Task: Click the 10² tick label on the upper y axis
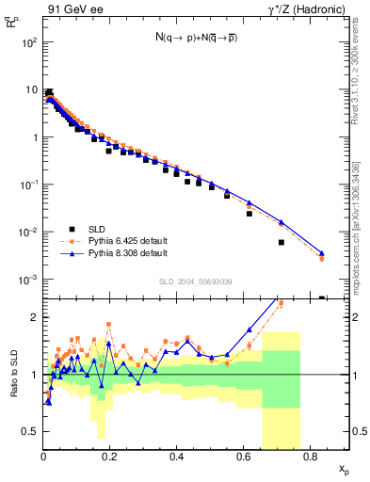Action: pyautogui.click(x=29, y=43)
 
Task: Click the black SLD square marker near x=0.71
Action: pyautogui.click(x=281, y=242)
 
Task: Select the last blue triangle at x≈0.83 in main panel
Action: pyautogui.click(x=322, y=253)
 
